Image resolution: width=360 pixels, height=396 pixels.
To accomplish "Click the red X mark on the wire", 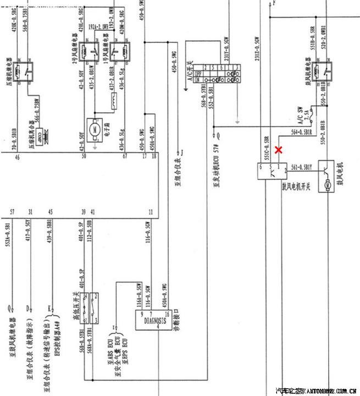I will tap(279, 149).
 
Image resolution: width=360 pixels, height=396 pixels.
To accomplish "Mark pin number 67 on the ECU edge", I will tap(125, 157).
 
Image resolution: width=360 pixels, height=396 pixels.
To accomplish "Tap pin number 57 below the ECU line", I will tap(12, 212).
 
